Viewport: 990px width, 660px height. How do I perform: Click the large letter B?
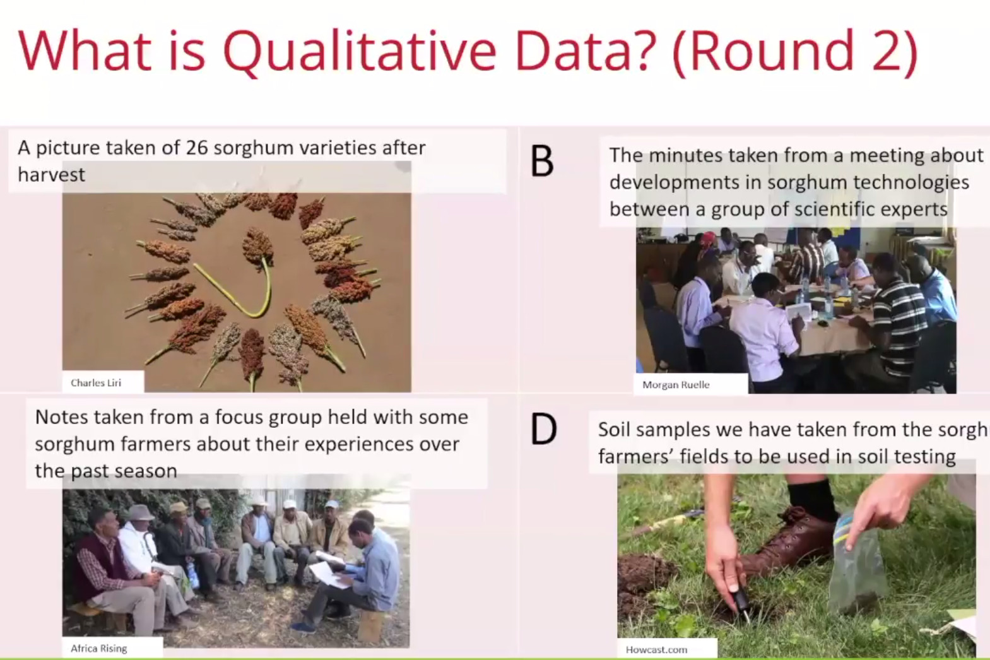tap(542, 162)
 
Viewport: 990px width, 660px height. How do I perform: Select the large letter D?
tap(543, 429)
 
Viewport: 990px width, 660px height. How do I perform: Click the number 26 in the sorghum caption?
tap(197, 148)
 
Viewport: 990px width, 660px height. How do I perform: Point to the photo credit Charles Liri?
tap(95, 383)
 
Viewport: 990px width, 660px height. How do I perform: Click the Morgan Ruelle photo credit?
tap(676, 385)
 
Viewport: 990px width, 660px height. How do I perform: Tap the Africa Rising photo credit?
tap(98, 649)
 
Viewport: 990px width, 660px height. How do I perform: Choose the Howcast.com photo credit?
tap(656, 650)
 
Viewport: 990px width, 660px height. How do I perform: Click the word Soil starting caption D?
tap(613, 429)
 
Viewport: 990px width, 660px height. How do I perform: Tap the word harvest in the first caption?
tap(51, 175)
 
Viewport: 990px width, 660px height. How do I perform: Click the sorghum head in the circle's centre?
tap(257, 247)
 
